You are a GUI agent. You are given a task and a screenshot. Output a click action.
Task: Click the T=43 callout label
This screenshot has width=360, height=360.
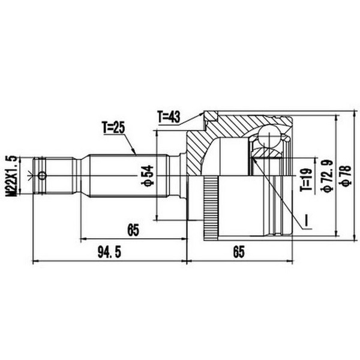click(x=169, y=117)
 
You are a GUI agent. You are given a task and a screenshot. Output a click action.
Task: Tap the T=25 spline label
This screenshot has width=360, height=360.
click(x=113, y=128)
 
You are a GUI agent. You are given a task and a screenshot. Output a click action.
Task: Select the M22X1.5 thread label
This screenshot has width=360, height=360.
click(x=11, y=176)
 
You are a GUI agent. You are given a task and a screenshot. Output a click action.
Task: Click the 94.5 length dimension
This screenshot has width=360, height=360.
click(x=109, y=253)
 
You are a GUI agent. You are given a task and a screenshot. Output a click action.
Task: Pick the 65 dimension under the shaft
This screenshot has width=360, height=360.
click(x=133, y=230)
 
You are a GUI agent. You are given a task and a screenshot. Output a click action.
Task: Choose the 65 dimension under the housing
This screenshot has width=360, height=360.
click(x=239, y=252)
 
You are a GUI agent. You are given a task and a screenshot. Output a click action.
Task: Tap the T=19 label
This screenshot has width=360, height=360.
click(x=306, y=179)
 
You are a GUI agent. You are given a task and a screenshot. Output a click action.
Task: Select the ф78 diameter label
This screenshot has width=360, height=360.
click(x=346, y=175)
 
